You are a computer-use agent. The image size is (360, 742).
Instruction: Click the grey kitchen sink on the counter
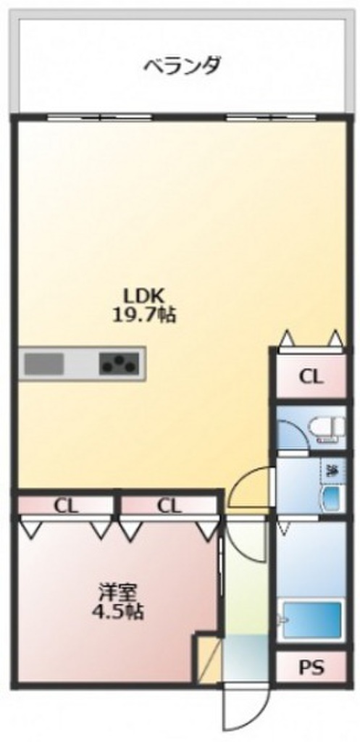click(46, 362)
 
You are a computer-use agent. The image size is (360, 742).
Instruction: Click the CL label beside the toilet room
click(311, 377)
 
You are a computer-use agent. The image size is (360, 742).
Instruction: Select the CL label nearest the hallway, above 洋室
click(168, 505)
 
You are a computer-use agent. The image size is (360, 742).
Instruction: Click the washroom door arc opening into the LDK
click(250, 484)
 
